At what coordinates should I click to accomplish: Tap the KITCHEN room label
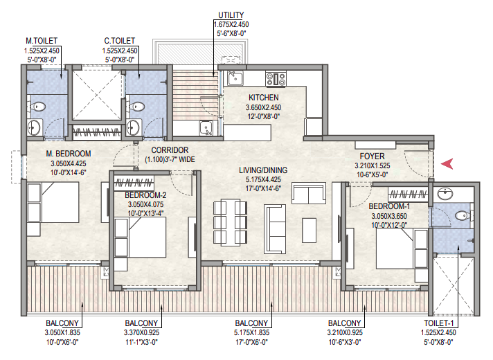(x=264, y=98)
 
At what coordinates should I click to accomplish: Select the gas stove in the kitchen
(x=276, y=79)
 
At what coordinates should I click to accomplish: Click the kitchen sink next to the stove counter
(x=235, y=78)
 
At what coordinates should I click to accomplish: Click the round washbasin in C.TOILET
(x=134, y=127)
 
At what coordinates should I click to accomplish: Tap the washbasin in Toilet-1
(x=445, y=194)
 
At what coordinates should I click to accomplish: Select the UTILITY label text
(x=231, y=15)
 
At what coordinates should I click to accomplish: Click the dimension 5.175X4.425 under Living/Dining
(x=264, y=179)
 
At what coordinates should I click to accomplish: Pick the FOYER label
(x=373, y=156)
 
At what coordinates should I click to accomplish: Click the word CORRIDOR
(x=170, y=150)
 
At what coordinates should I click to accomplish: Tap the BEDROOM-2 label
(x=145, y=195)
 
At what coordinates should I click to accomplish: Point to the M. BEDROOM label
(x=69, y=154)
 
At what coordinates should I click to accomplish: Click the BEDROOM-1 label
(x=389, y=206)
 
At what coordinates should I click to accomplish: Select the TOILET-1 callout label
(x=439, y=323)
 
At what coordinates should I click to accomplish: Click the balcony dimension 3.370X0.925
(x=141, y=332)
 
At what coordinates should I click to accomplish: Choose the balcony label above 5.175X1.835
(x=251, y=323)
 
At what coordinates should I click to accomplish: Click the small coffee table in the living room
(x=310, y=231)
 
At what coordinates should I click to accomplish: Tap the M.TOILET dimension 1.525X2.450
(x=42, y=51)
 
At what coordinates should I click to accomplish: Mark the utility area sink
(x=206, y=128)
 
